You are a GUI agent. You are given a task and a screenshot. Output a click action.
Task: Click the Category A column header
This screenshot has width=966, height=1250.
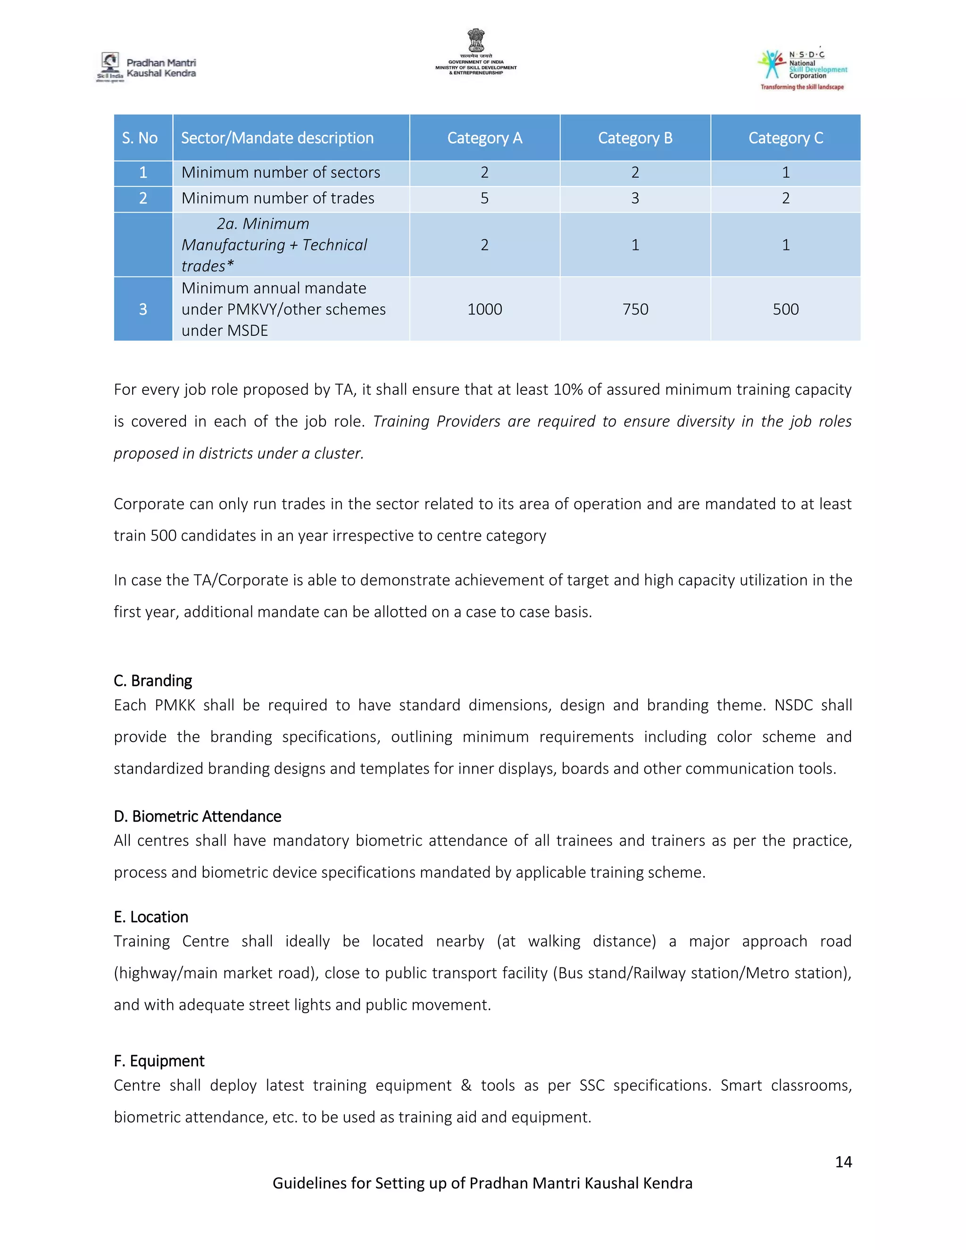point(485,138)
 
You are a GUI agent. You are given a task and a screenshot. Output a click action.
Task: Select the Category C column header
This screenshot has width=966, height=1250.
point(786,138)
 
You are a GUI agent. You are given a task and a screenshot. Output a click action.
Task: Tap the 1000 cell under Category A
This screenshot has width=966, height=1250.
point(485,309)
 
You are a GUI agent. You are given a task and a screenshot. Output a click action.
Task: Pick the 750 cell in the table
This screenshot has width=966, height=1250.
point(635,309)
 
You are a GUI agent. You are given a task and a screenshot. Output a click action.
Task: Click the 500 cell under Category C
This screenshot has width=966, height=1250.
point(786,309)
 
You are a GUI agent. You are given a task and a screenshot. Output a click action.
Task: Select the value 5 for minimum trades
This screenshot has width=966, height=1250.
point(485,198)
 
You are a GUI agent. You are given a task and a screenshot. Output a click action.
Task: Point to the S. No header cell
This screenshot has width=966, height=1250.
point(140,138)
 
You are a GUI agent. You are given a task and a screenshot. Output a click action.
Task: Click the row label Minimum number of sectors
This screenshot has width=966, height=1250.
point(281,172)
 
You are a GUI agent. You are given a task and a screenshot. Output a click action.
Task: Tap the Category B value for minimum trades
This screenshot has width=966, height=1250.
point(635,198)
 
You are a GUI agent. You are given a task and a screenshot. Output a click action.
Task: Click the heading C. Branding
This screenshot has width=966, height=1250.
point(153,681)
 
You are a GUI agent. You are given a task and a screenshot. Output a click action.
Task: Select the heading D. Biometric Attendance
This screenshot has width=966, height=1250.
point(198,816)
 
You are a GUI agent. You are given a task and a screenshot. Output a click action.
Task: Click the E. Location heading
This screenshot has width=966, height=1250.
point(150,917)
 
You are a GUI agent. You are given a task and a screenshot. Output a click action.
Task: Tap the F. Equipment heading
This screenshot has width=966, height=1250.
point(158,1061)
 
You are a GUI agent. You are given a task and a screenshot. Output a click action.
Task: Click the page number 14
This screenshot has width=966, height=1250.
point(843,1162)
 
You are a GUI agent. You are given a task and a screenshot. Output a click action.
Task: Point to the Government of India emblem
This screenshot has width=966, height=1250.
point(475,41)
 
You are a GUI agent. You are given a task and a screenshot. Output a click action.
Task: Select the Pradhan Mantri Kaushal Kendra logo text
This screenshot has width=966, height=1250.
point(161,67)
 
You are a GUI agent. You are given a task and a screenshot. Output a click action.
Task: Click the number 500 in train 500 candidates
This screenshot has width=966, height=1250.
point(163,535)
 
